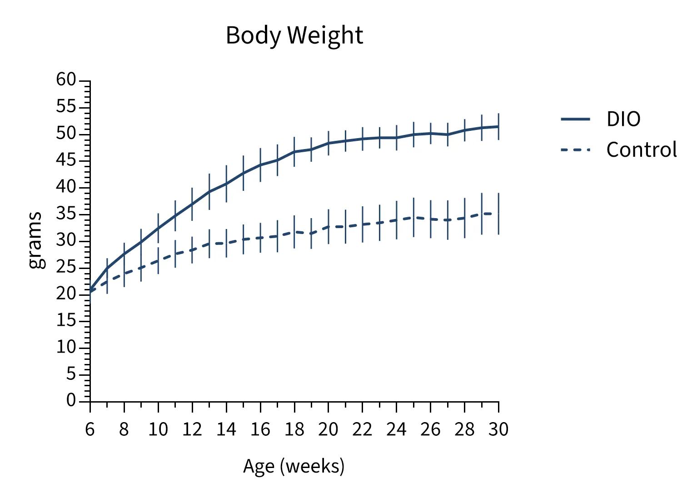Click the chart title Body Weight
pyautogui.click(x=294, y=35)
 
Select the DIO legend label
pyautogui.click(x=623, y=119)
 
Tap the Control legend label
pyautogui.click(x=641, y=150)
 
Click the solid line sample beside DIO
pyautogui.click(x=575, y=119)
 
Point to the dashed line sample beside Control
pyautogui.click(x=575, y=149)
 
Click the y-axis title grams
pyautogui.click(x=35, y=240)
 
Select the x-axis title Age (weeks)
pyautogui.click(x=294, y=466)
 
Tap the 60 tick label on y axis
pyautogui.click(x=66, y=80)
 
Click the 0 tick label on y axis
pyautogui.click(x=71, y=400)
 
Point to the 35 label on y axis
pyautogui.click(x=66, y=214)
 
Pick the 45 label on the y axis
pyautogui.click(x=66, y=160)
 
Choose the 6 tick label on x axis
pyautogui.click(x=90, y=429)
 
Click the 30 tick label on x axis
pyautogui.click(x=498, y=429)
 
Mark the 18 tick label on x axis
pyautogui.click(x=294, y=429)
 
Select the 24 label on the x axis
pyautogui.click(x=396, y=429)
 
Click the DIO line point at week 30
pyautogui.click(x=498, y=126)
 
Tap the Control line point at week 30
pyautogui.click(x=498, y=214)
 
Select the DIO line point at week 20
pyautogui.click(x=329, y=143)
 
